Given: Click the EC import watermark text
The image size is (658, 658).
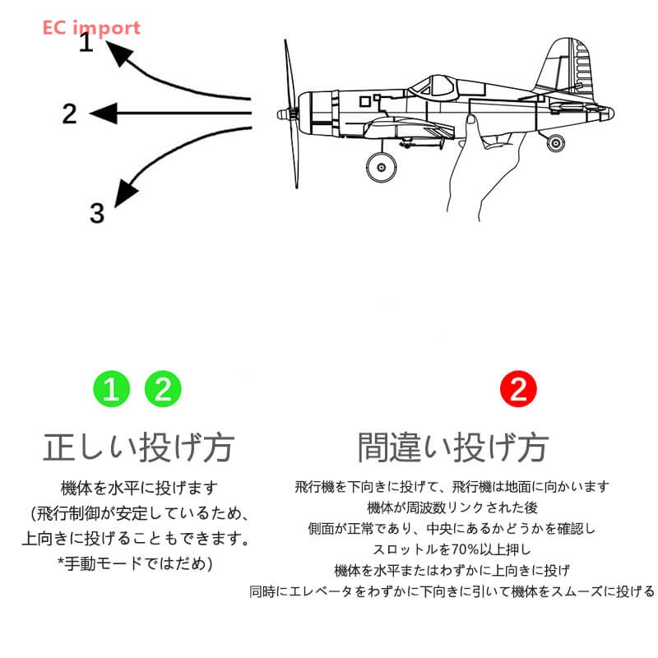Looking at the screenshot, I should click(91, 27).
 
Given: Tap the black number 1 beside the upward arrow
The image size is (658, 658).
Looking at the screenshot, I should click(86, 43).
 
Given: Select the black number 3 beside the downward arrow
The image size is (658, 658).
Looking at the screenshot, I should click(97, 214).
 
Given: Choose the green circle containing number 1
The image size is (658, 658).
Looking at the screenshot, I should click(111, 389).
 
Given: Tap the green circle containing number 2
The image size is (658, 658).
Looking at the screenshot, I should click(163, 389).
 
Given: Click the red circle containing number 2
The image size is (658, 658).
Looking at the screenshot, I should click(518, 389).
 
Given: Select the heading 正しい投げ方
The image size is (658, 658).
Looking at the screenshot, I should click(138, 448).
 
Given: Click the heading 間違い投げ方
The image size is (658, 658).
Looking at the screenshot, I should click(452, 448).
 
